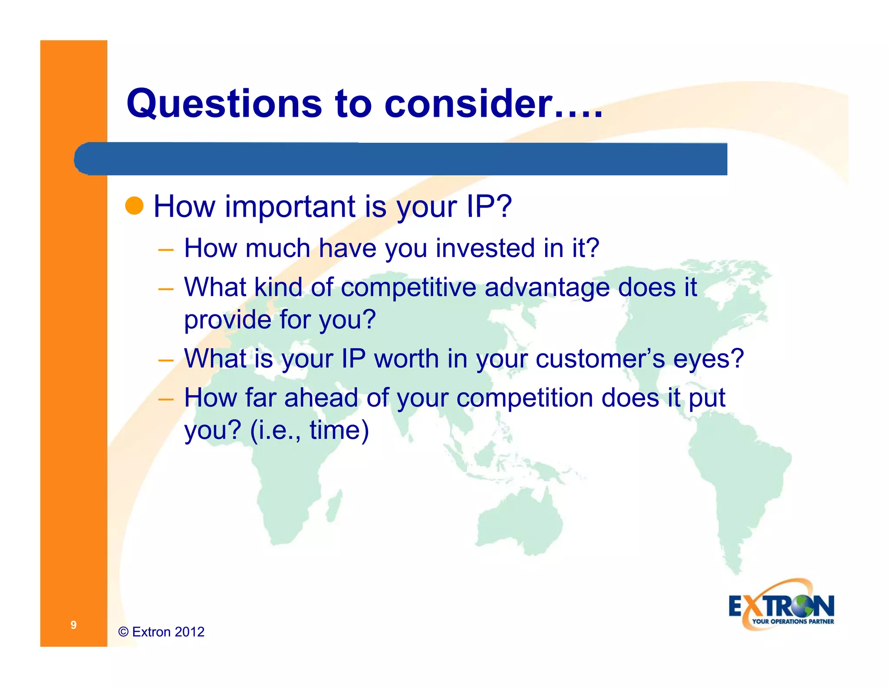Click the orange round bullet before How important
(x=134, y=205)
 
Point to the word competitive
(x=408, y=287)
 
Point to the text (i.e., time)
(x=309, y=430)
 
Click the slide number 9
(x=73, y=624)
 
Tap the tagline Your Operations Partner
(x=793, y=621)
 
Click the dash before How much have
(x=166, y=250)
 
